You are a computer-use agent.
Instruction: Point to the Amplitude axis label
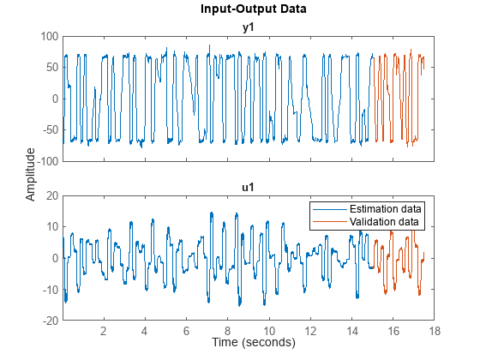point(31,174)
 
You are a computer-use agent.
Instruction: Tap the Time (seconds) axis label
point(253,342)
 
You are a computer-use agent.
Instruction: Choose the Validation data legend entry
point(383,222)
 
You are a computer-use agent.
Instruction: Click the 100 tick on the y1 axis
point(48,37)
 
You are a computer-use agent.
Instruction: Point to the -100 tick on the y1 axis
point(46,161)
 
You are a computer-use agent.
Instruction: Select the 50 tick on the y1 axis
point(51,68)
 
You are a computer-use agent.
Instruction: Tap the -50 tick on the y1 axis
point(49,130)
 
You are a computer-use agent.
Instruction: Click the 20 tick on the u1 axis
point(51,195)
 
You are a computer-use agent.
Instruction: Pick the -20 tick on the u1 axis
point(49,320)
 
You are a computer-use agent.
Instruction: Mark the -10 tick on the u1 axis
point(49,289)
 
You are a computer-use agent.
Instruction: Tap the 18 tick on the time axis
point(435,331)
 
